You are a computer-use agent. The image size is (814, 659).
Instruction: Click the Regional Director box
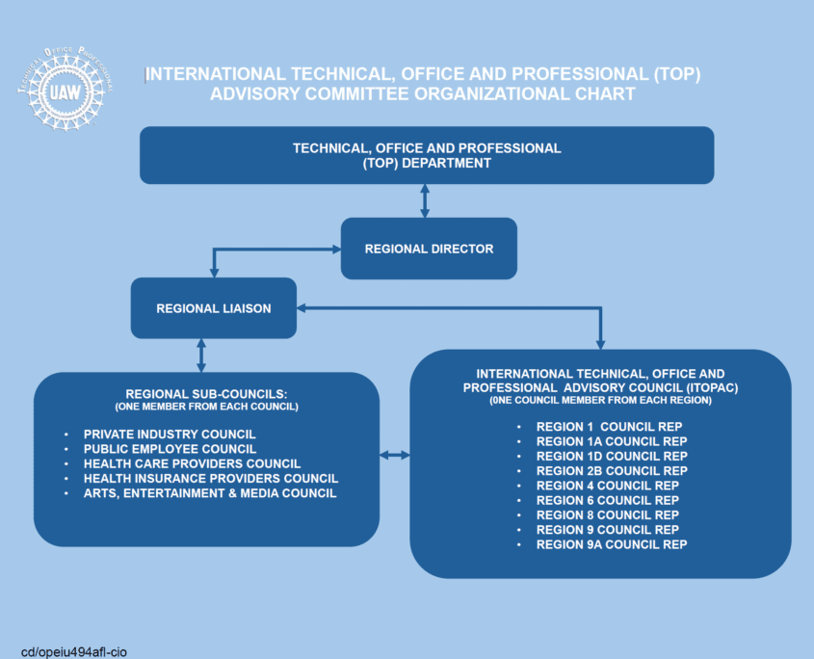click(x=429, y=249)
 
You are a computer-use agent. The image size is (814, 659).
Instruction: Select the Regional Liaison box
click(x=213, y=308)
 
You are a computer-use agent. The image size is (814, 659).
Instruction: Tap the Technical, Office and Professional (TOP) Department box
click(x=427, y=155)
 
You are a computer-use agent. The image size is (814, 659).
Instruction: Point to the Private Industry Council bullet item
click(x=170, y=435)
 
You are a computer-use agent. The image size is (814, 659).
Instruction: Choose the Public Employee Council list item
click(x=170, y=449)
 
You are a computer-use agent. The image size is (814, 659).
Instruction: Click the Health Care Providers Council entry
click(x=192, y=463)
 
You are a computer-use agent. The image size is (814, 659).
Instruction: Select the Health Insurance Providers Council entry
click(x=211, y=478)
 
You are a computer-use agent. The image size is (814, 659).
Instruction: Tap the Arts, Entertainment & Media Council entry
click(x=210, y=493)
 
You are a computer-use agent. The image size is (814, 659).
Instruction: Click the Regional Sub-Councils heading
click(x=207, y=393)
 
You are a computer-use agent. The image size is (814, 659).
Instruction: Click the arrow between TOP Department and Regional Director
click(x=425, y=200)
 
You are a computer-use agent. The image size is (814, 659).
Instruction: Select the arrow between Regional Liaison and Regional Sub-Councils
click(x=200, y=355)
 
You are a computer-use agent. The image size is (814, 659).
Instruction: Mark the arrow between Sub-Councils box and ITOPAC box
click(x=395, y=454)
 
